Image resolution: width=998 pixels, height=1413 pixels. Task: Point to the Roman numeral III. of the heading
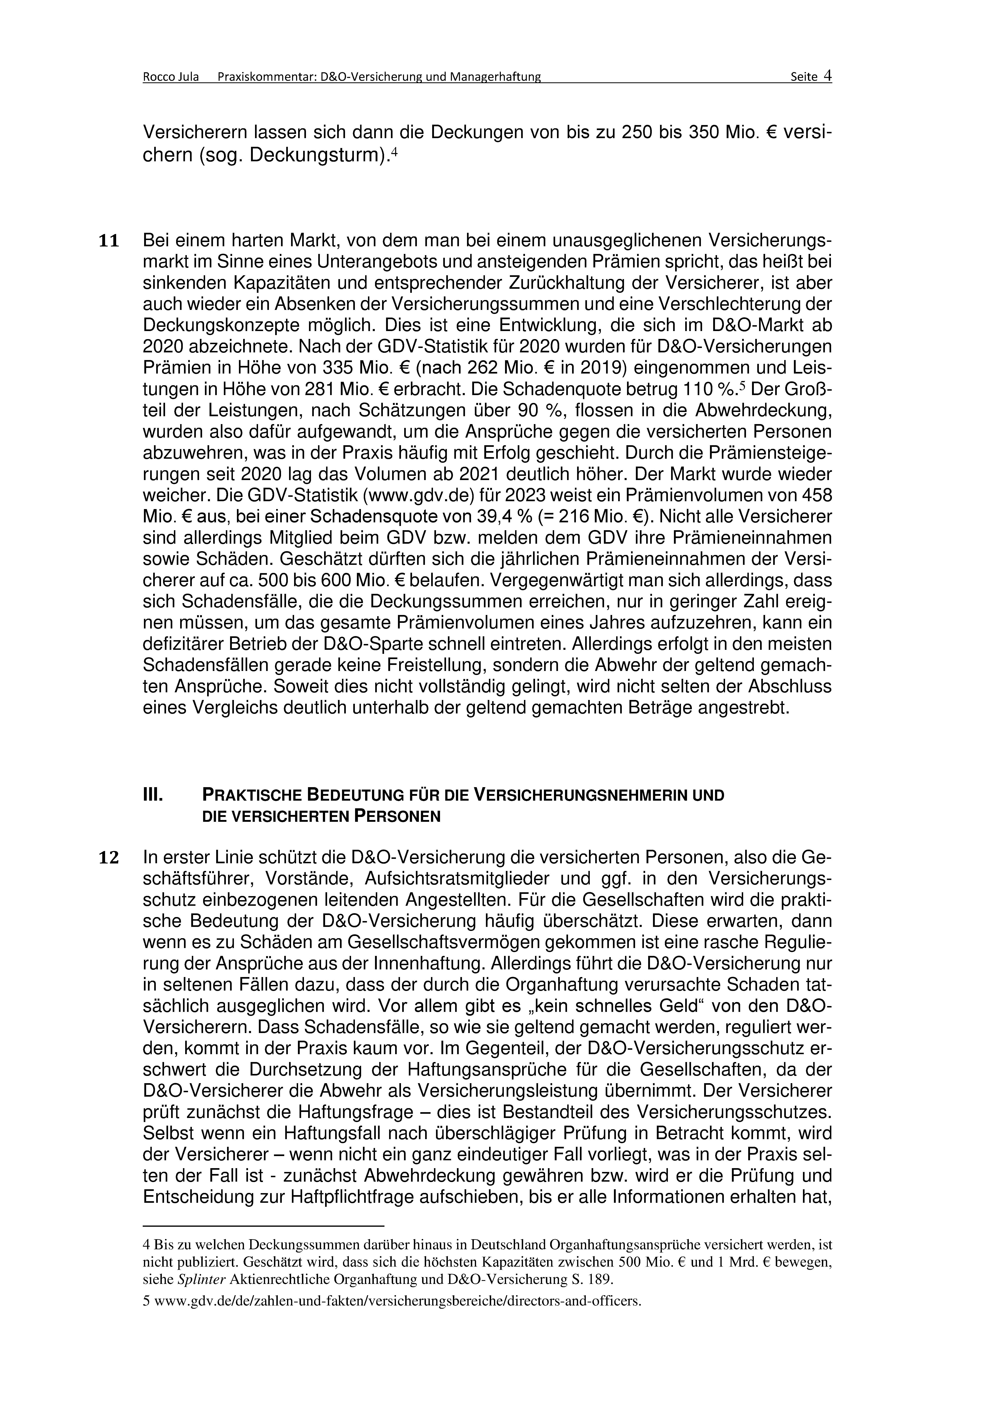click(153, 795)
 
